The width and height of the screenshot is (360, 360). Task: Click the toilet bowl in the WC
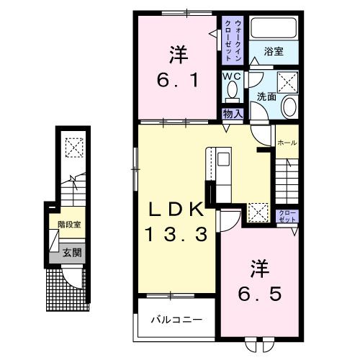pos(231,91)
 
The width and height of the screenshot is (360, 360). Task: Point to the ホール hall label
pos(287,143)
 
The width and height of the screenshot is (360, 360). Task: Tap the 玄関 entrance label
pos(71,252)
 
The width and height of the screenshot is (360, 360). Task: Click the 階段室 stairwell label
pos(69,225)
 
